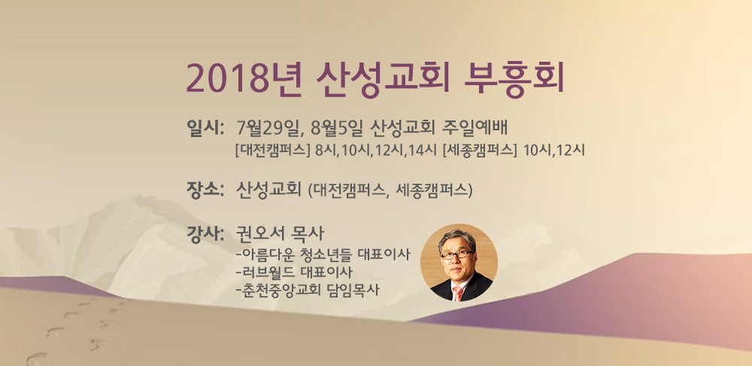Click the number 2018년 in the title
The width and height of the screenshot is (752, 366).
coord(244,79)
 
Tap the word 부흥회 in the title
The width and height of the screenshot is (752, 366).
coord(514,79)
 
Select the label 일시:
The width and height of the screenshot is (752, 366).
coord(206,128)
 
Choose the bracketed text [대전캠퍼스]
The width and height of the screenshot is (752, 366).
coord(272,150)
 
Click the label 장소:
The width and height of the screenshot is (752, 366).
coord(206,189)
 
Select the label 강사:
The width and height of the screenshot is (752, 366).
coord(206,235)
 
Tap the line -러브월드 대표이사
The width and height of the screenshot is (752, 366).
coord(295,273)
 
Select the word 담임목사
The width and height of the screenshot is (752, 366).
coord(357,291)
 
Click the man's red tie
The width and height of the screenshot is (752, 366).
coord(458,293)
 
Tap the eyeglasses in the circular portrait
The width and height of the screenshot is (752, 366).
coord(457,254)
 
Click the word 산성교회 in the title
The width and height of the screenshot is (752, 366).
coord(384,79)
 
